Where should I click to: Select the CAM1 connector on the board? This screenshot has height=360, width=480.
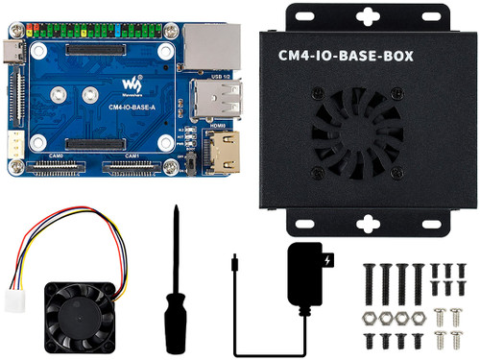tap(132, 167)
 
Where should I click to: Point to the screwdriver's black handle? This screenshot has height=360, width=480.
tap(174, 322)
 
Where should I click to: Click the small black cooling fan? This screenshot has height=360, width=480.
tap(78, 314)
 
